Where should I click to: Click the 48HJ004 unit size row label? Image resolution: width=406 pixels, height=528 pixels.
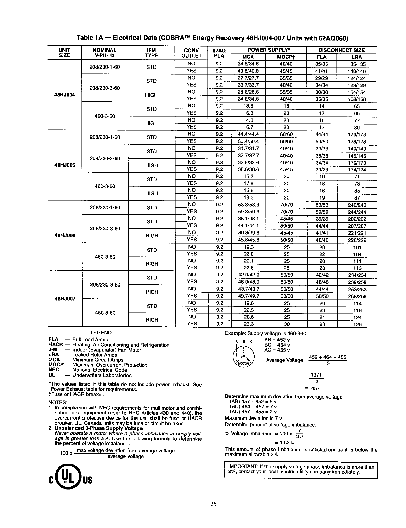64,95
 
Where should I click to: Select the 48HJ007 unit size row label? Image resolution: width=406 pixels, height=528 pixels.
64,299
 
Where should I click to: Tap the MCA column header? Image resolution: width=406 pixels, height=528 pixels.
248,57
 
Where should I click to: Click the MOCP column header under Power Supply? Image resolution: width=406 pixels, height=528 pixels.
286,57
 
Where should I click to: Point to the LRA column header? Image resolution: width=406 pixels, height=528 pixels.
356,57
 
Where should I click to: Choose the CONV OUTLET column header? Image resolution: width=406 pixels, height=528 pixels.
191,53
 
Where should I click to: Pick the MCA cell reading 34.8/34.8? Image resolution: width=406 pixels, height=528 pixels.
248,64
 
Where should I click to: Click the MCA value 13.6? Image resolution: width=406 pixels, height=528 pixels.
248,106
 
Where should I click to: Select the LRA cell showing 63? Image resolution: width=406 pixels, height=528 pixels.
357,106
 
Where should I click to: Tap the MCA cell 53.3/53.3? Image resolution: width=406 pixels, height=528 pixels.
248,205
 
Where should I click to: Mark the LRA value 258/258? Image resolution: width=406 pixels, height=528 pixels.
357,296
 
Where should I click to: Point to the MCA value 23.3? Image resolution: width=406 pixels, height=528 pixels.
248,324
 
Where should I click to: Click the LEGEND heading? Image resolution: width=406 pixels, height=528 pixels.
101,333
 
